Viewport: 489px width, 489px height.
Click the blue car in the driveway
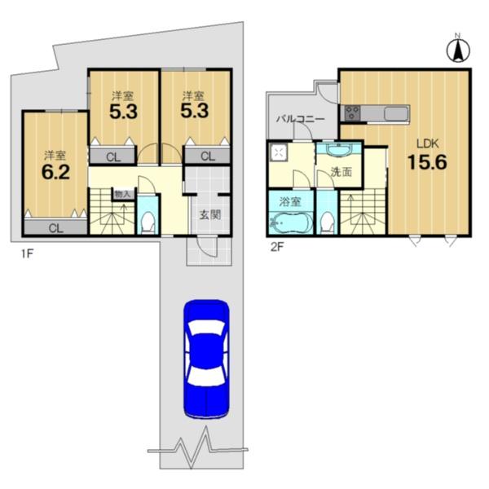(206, 359)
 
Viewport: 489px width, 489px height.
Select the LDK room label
(428, 143)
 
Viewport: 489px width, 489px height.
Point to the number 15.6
(428, 162)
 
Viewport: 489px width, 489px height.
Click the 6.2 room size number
(55, 173)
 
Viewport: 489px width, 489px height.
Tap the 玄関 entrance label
(210, 215)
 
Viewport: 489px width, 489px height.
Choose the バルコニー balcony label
(301, 119)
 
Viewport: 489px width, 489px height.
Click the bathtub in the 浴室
(291, 222)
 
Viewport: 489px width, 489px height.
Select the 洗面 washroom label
(341, 172)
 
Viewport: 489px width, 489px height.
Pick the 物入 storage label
(122, 194)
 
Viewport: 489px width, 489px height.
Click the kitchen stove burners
(352, 112)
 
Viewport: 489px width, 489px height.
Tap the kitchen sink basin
(396, 113)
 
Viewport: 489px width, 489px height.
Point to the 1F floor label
(27, 253)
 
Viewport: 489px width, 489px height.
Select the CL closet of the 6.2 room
(55, 228)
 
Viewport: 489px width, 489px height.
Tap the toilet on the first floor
(148, 222)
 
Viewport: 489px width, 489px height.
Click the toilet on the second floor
(327, 222)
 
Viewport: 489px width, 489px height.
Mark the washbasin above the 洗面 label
(339, 150)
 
